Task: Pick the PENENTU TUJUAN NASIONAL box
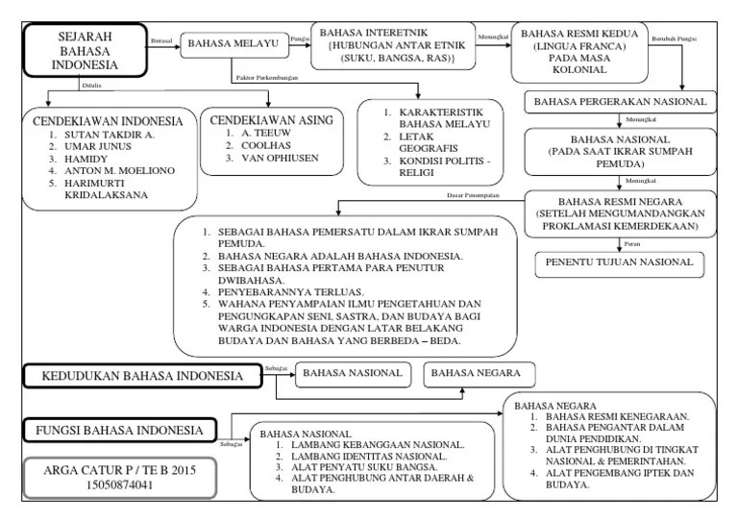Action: coord(619,262)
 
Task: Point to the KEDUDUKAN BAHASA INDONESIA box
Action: coord(142,376)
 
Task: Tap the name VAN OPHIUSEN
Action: coord(280,159)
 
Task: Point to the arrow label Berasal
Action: coord(162,39)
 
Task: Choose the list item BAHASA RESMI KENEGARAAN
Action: coord(617,417)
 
